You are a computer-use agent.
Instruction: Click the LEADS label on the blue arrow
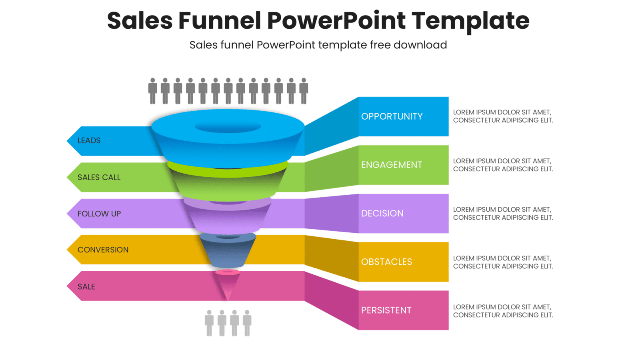(89, 140)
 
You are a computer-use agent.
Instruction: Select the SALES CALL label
(99, 177)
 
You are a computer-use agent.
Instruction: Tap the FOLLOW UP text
(99, 214)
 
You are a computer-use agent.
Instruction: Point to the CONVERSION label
(103, 250)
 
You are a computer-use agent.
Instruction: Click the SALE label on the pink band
(86, 286)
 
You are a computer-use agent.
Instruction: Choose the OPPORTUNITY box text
(392, 116)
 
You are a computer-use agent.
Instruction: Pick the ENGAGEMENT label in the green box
(391, 165)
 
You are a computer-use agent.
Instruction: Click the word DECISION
(382, 213)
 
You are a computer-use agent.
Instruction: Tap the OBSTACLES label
(386, 262)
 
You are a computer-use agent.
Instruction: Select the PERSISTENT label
(386, 310)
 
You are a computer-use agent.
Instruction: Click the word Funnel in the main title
(219, 20)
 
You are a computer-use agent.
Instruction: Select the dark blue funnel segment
(228, 252)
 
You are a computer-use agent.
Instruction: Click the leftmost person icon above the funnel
(152, 91)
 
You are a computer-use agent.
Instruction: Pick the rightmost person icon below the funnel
(247, 323)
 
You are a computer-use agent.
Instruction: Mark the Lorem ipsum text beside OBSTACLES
(503, 262)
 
